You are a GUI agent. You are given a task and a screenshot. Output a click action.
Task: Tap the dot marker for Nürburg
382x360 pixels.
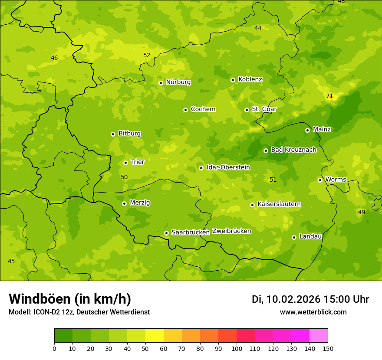coord(161,83)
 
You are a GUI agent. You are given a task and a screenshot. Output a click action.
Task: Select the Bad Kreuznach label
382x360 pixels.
coord(293,150)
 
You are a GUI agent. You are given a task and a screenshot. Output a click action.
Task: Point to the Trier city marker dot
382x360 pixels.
coord(125,163)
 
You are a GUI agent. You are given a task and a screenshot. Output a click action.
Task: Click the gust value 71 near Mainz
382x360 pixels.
coord(329,96)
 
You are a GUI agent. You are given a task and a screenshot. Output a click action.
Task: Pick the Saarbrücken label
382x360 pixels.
coord(191,232)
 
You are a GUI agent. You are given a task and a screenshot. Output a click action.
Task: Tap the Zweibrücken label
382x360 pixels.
coord(231,231)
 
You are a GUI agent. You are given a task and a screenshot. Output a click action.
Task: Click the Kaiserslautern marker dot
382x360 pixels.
coord(252,205)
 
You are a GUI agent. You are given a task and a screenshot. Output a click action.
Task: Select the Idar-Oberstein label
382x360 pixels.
coord(228,167)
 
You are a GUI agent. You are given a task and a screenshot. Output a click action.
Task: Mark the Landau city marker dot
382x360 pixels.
coord(294,237)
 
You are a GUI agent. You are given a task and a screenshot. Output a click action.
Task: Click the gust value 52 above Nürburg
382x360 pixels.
coord(147,55)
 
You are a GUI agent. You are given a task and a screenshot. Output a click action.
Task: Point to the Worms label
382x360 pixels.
coord(336,180)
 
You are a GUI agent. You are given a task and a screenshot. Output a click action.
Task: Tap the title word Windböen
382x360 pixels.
coord(40,299)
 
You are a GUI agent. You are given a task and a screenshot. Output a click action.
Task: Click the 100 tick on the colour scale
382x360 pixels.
coord(237,348)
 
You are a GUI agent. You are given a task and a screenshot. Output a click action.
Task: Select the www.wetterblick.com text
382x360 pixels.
coord(313,312)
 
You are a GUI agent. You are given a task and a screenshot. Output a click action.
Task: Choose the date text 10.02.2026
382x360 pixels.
coord(293,299)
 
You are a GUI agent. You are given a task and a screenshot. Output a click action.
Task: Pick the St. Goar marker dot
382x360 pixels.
coord(247,110)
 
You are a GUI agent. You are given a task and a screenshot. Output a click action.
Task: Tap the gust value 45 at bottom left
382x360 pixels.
coord(11,261)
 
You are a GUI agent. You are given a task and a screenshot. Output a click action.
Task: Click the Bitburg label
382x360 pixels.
coord(129,134)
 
